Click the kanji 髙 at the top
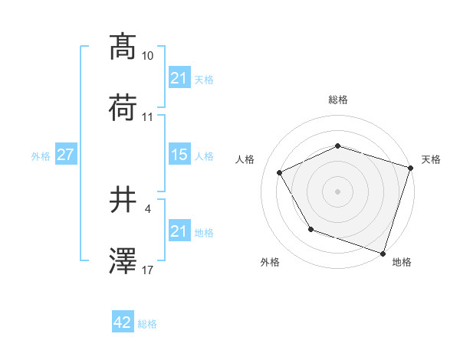[123, 47]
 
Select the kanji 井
[123, 200]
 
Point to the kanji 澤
[123, 261]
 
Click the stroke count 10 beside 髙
[148, 56]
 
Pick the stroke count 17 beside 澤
[148, 270]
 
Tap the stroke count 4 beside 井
[147, 208]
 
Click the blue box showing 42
[123, 323]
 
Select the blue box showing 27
[66, 155]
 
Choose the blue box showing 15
[179, 155]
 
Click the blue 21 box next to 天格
[179, 78]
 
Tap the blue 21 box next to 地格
[179, 231]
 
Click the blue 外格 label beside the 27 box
[41, 155]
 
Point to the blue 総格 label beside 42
[147, 324]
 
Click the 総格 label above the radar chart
[337, 100]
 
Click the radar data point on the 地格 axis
[383, 253]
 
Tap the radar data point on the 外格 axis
[310, 228]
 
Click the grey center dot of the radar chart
[337, 191]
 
